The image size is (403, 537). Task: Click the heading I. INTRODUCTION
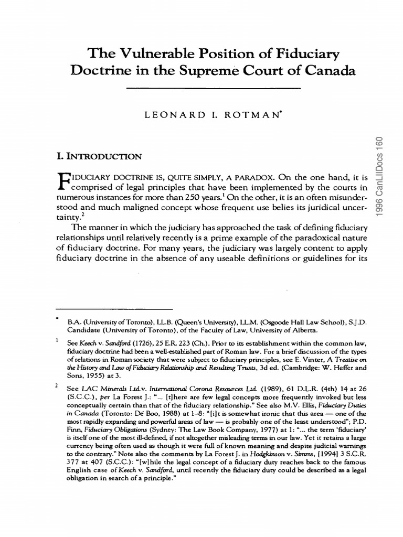[x=99, y=156]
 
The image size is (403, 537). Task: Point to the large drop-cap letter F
[x=62, y=183]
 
